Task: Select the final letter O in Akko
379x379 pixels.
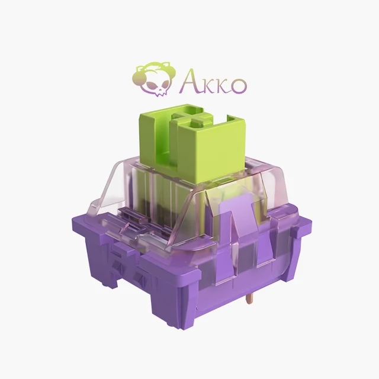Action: point(236,85)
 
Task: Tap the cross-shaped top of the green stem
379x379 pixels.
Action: point(189,118)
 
